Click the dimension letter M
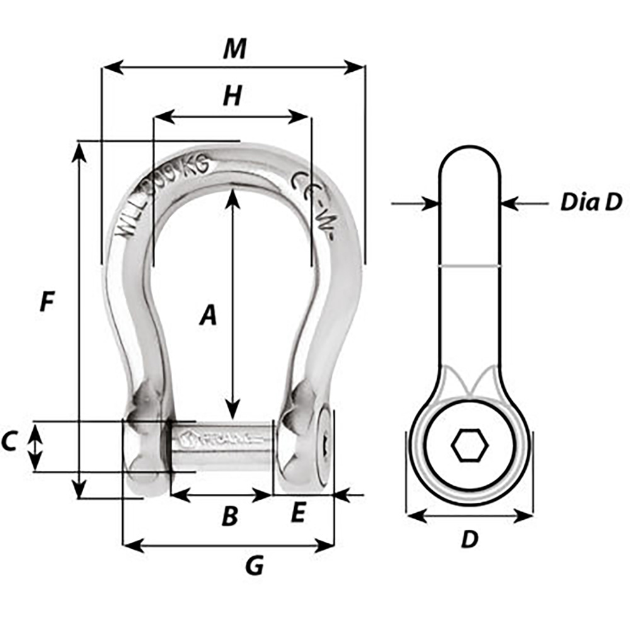coord(234,49)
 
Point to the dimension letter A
coord(208,315)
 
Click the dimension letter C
coord(9,442)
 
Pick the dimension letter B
coord(230,517)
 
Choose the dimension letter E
coord(298,514)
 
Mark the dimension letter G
coord(253,566)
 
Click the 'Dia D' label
coord(591,202)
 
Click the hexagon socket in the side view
coord(469,447)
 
